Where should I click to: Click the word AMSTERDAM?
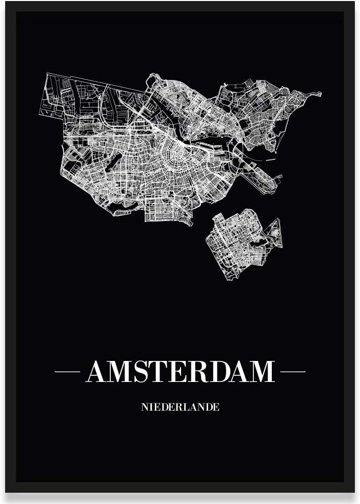click(181, 372)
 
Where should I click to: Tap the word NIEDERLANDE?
click(180, 407)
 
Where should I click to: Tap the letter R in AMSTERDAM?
click(195, 372)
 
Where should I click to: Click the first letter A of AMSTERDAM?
click(97, 372)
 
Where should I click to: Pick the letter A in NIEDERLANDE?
click(192, 407)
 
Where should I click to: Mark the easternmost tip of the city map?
click(321, 94)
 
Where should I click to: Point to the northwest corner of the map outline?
click(48, 74)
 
